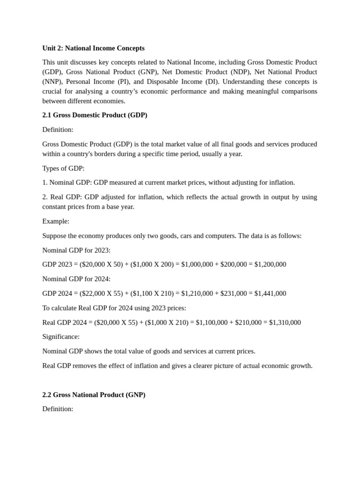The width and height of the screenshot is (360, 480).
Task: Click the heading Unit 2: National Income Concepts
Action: tap(93, 48)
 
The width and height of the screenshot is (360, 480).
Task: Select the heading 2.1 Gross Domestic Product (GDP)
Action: tap(95, 115)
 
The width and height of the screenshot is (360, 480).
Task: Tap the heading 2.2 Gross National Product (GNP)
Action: tap(94, 395)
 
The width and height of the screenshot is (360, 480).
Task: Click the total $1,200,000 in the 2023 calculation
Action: tap(270, 264)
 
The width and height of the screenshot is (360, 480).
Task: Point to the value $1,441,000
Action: tap(270, 293)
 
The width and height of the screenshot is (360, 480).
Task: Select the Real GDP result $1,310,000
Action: tap(285, 322)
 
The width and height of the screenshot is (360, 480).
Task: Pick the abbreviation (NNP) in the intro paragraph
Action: tap(52, 82)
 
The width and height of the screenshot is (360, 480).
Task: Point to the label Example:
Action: tap(56, 221)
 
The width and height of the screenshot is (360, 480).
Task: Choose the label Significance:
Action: tap(61, 337)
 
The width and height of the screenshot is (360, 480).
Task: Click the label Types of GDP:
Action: tap(63, 168)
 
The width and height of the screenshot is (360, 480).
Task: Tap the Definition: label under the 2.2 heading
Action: tap(58, 409)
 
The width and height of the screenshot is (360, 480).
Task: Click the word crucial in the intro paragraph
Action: tap(52, 91)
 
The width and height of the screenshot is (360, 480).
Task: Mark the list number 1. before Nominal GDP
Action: tap(45, 183)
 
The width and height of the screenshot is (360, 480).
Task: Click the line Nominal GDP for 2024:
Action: tap(76, 279)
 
